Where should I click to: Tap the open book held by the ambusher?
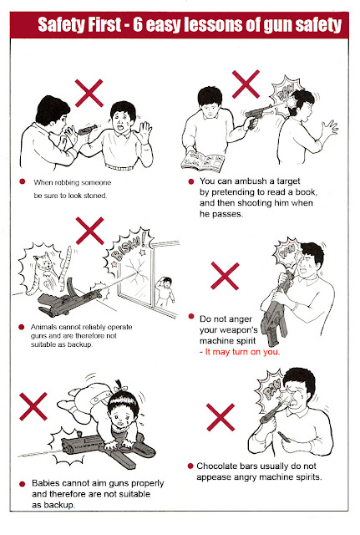pyautogui.click(x=202, y=161)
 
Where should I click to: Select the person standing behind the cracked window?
pyautogui.click(x=165, y=292)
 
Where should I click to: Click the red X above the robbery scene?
pyautogui.click(x=89, y=93)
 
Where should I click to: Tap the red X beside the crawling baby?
pyautogui.click(x=33, y=406)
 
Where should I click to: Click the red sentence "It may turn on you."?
pyautogui.click(x=242, y=352)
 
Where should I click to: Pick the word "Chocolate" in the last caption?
pyautogui.click(x=217, y=466)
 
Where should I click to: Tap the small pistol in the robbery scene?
pyautogui.click(x=88, y=130)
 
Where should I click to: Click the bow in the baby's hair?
pyautogui.click(x=120, y=387)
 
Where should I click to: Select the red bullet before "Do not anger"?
pyautogui.click(x=191, y=316)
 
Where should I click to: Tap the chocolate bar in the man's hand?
pyautogui.click(x=284, y=437)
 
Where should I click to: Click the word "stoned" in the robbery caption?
pyautogui.click(x=96, y=196)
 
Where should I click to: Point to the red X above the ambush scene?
pyautogui.click(x=246, y=84)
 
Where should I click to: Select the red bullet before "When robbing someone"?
pyautogui.click(x=23, y=181)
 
